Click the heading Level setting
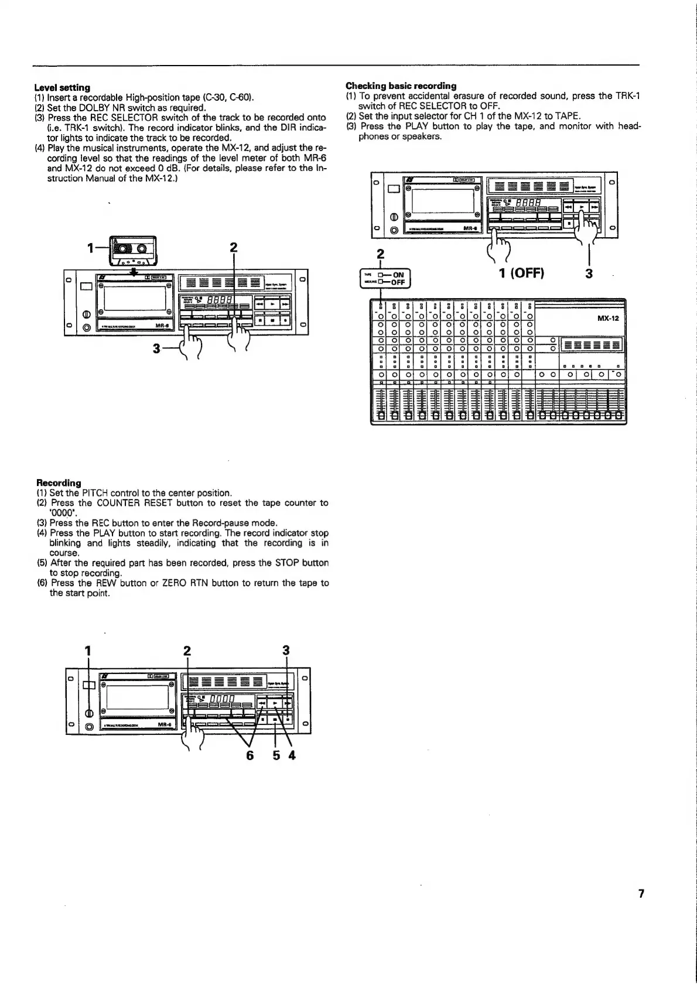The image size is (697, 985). (63, 87)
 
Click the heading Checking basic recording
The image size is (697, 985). (401, 85)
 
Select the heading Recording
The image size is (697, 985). (59, 483)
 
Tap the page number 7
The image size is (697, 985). (641, 894)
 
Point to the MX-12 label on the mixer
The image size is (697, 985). (608, 319)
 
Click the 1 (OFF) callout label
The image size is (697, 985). (521, 273)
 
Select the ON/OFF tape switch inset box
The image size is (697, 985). (385, 278)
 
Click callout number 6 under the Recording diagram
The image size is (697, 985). (250, 755)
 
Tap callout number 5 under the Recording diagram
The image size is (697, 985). (276, 755)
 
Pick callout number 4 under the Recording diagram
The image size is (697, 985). (292, 755)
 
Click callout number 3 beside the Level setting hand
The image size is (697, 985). (156, 348)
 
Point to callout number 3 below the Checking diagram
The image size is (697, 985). (589, 273)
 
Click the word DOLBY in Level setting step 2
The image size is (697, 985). (85, 108)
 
